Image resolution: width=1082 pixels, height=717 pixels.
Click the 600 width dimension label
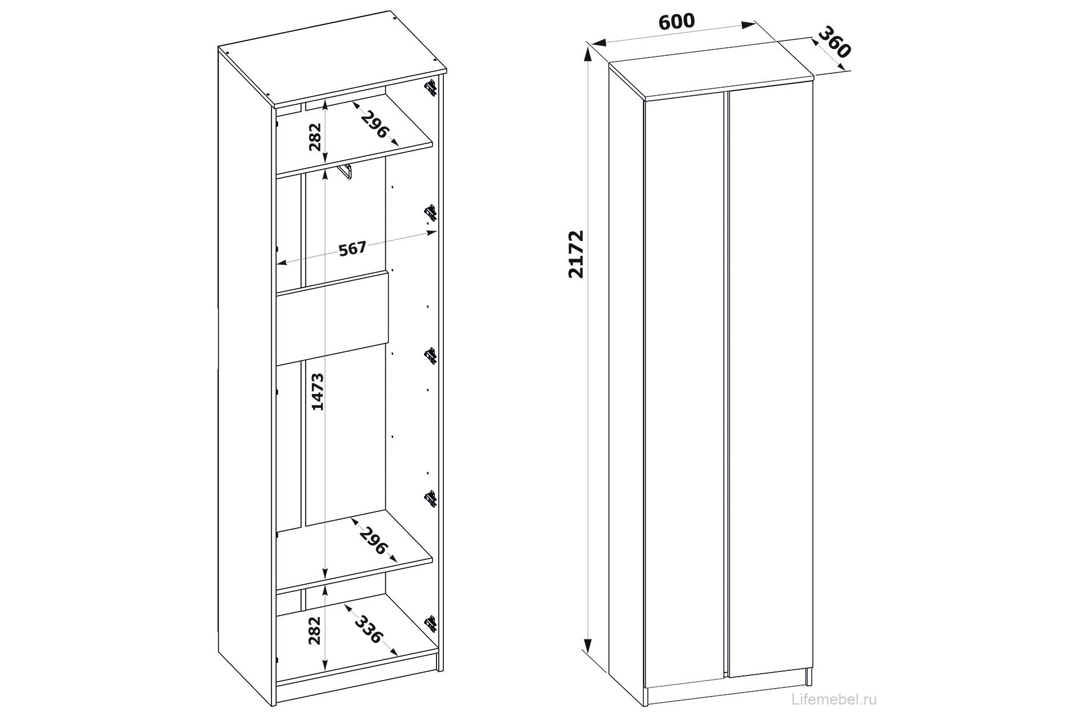(677, 21)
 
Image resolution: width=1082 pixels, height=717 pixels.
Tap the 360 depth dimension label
(834, 42)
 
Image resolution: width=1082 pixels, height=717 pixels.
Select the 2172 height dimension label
(576, 253)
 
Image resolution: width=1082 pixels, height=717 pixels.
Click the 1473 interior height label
(318, 391)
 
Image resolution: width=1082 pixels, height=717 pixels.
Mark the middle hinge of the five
(431, 355)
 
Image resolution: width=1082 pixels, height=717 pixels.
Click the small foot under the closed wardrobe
(809, 676)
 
